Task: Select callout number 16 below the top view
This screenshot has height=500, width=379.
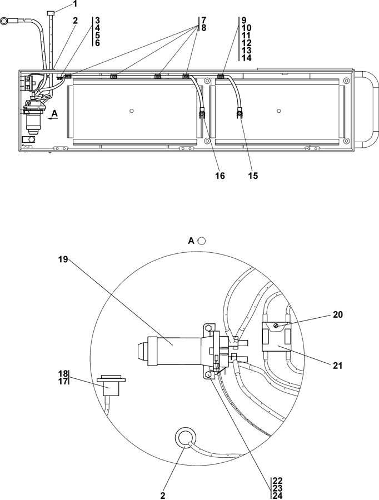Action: point(220,176)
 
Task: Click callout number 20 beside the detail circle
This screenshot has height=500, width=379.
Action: point(338,314)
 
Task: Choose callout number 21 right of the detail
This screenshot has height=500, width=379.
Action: point(338,366)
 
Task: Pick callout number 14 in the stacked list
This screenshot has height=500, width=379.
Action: point(247,58)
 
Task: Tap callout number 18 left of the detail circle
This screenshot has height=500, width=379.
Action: point(63,373)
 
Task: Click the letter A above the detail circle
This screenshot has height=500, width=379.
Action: point(191,241)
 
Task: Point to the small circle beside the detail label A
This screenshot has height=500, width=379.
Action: point(202,241)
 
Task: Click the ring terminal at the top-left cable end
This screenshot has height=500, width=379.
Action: point(5,22)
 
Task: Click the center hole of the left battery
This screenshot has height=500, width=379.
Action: point(131,111)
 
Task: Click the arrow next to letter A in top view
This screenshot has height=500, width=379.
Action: point(52,118)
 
